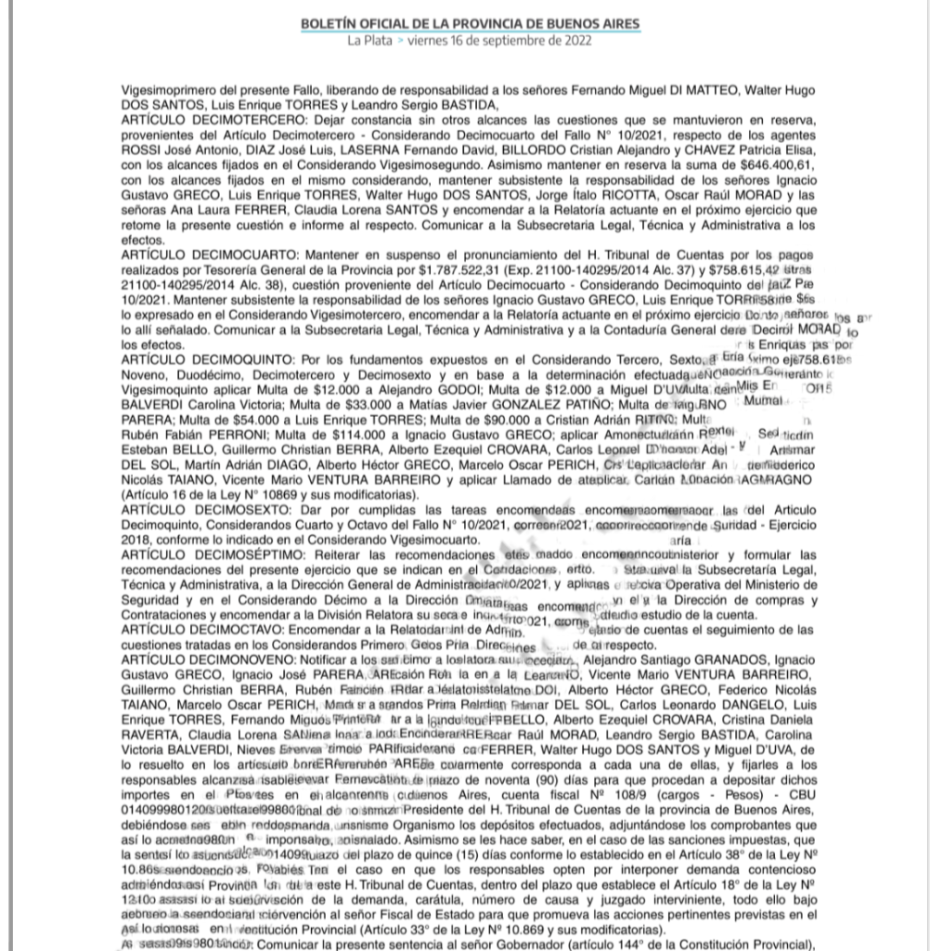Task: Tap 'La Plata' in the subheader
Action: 369,41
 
